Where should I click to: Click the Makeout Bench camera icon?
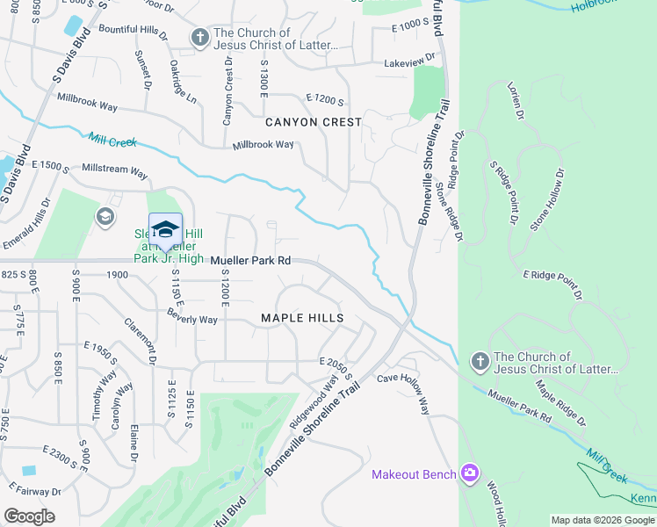[470, 474]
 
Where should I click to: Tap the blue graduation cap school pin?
[165, 229]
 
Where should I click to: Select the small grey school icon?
[105, 216]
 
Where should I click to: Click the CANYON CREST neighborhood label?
[314, 122]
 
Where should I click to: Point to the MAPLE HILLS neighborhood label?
[301, 317]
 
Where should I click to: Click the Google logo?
[29, 516]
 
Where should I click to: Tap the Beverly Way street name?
[192, 320]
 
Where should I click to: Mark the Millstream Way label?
[114, 170]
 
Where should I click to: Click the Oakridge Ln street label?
[183, 82]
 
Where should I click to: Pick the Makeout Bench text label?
[414, 475]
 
